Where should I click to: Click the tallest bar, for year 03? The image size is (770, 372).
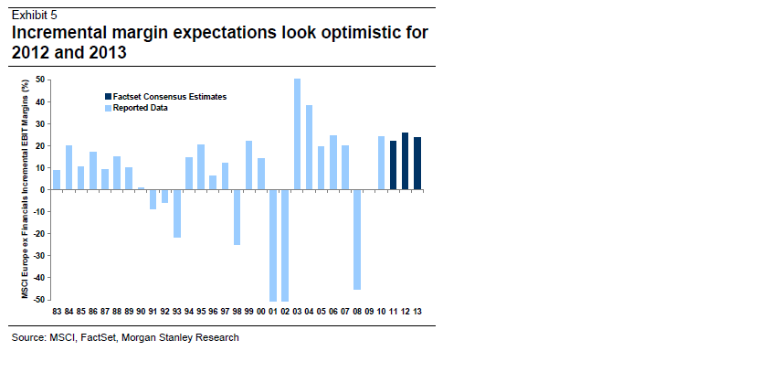(x=297, y=134)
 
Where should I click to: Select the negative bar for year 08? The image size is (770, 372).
(x=357, y=239)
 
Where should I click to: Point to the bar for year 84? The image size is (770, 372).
(x=69, y=167)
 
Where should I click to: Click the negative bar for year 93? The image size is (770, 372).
(x=176, y=213)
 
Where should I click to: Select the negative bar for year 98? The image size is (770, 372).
(x=237, y=217)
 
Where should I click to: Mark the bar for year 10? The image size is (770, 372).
(x=381, y=163)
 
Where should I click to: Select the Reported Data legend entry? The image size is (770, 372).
(x=142, y=107)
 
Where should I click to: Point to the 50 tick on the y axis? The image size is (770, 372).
(x=40, y=80)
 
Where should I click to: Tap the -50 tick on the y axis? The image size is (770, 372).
(x=38, y=299)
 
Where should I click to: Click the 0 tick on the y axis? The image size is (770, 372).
(x=42, y=189)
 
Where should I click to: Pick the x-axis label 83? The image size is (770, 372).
(x=57, y=312)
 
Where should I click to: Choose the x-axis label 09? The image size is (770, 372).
(x=369, y=312)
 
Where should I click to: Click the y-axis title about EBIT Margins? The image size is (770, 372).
(x=26, y=189)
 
